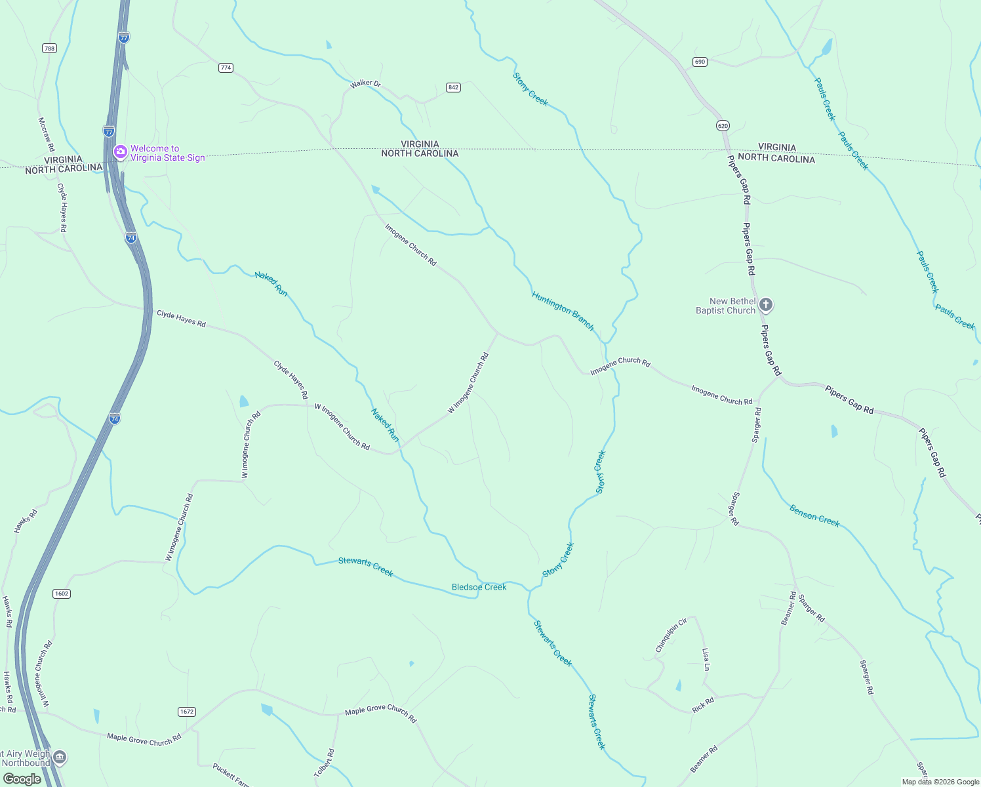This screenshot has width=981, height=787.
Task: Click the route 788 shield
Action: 49,48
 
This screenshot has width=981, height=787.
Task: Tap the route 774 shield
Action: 226,68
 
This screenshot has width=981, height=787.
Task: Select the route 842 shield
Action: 453,87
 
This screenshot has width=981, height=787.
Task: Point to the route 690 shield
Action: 700,62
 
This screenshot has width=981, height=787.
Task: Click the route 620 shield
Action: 723,125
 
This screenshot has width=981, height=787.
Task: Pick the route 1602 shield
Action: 62,594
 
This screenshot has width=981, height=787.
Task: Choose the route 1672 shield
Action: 187,712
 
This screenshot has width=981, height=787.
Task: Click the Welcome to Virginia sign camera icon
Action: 120,153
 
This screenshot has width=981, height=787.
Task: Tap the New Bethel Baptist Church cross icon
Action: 766,305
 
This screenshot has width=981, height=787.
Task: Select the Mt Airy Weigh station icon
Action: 60,758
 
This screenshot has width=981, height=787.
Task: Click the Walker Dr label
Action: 365,84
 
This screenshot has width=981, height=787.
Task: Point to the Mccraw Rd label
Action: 46,134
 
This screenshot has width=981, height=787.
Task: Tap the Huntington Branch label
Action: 563,311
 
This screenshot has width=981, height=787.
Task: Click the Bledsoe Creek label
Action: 479,587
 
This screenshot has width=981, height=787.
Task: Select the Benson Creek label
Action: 814,515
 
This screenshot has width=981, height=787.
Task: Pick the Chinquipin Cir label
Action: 671,635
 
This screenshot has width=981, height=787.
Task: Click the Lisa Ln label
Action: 706,660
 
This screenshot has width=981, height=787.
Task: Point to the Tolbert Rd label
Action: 325,763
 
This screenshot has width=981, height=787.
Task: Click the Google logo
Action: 22,779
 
